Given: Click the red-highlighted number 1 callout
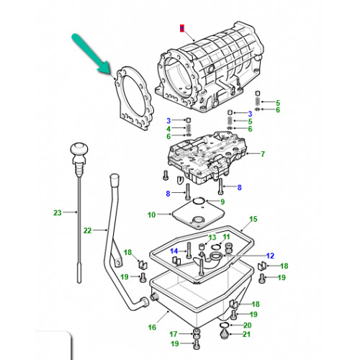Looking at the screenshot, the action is point(182,29).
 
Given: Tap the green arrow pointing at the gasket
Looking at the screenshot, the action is point(91,53).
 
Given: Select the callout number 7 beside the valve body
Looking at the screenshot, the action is point(263,154).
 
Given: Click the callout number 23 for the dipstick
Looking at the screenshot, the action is point(58,212).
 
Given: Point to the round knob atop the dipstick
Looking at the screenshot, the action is point(79,149).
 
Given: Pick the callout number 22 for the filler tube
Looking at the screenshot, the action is point(88,230).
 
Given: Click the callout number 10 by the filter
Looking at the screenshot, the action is point(152,215).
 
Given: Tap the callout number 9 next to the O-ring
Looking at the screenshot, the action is point(222,202).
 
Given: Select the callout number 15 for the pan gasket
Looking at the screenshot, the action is point(253,219).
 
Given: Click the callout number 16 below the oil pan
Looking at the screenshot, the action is point(152,328).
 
